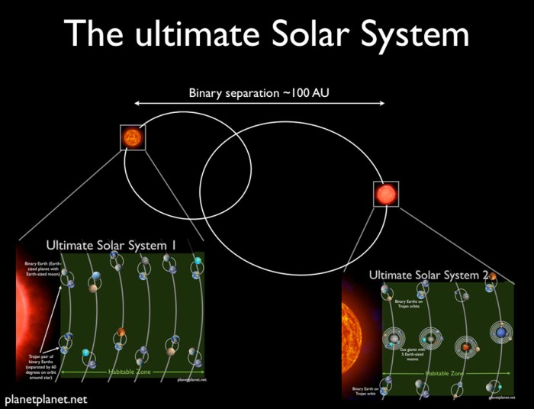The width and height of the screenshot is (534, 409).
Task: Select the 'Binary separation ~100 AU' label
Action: pos(260,94)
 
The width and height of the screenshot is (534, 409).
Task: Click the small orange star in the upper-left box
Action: pos(132,137)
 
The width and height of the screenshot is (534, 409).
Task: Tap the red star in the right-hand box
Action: pos(386,194)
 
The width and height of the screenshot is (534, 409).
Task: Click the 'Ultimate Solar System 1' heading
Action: pos(111,246)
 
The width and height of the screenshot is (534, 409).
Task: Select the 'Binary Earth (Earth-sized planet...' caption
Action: pos(36,269)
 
